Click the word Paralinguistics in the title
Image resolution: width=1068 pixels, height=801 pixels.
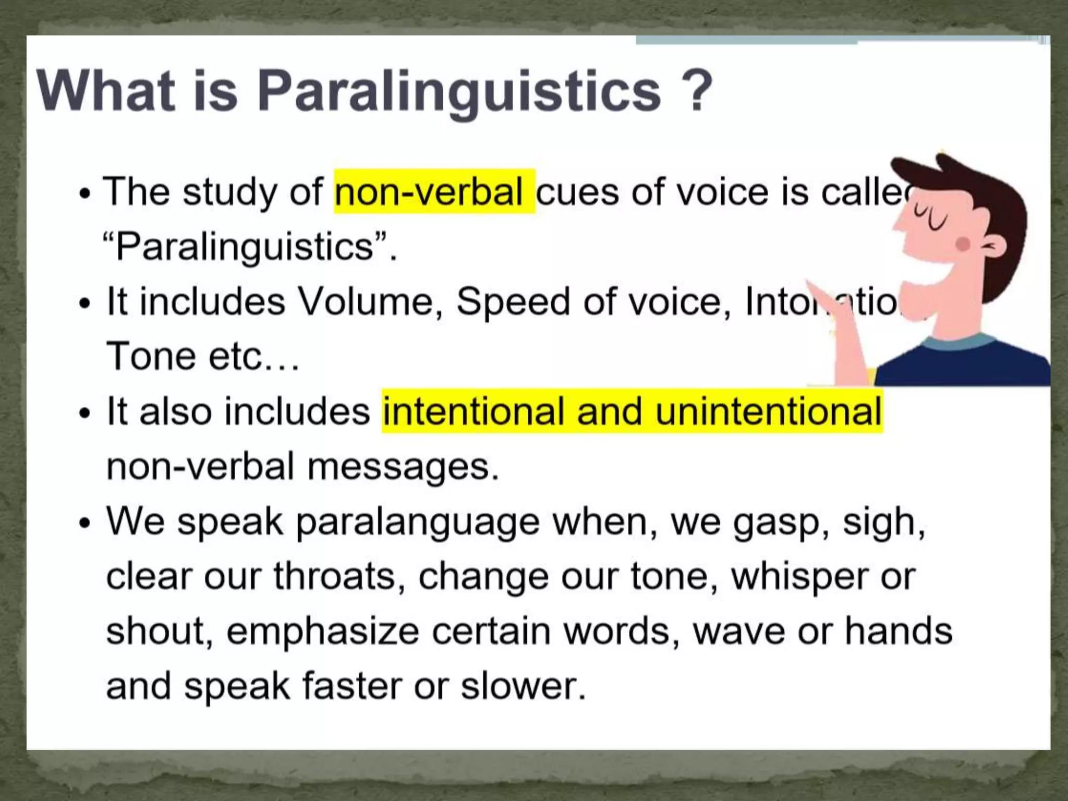click(x=459, y=91)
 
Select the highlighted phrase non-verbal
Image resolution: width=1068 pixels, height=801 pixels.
click(x=429, y=191)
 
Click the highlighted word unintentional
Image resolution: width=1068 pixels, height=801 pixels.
click(x=769, y=411)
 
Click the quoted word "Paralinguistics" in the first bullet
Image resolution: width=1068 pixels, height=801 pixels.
click(x=246, y=247)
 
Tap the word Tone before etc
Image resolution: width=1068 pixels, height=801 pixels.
click(x=151, y=356)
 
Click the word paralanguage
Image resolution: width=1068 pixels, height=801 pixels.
click(x=417, y=521)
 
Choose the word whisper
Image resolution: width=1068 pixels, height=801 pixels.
click(x=798, y=577)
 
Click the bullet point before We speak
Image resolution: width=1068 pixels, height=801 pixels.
click(x=84, y=523)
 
